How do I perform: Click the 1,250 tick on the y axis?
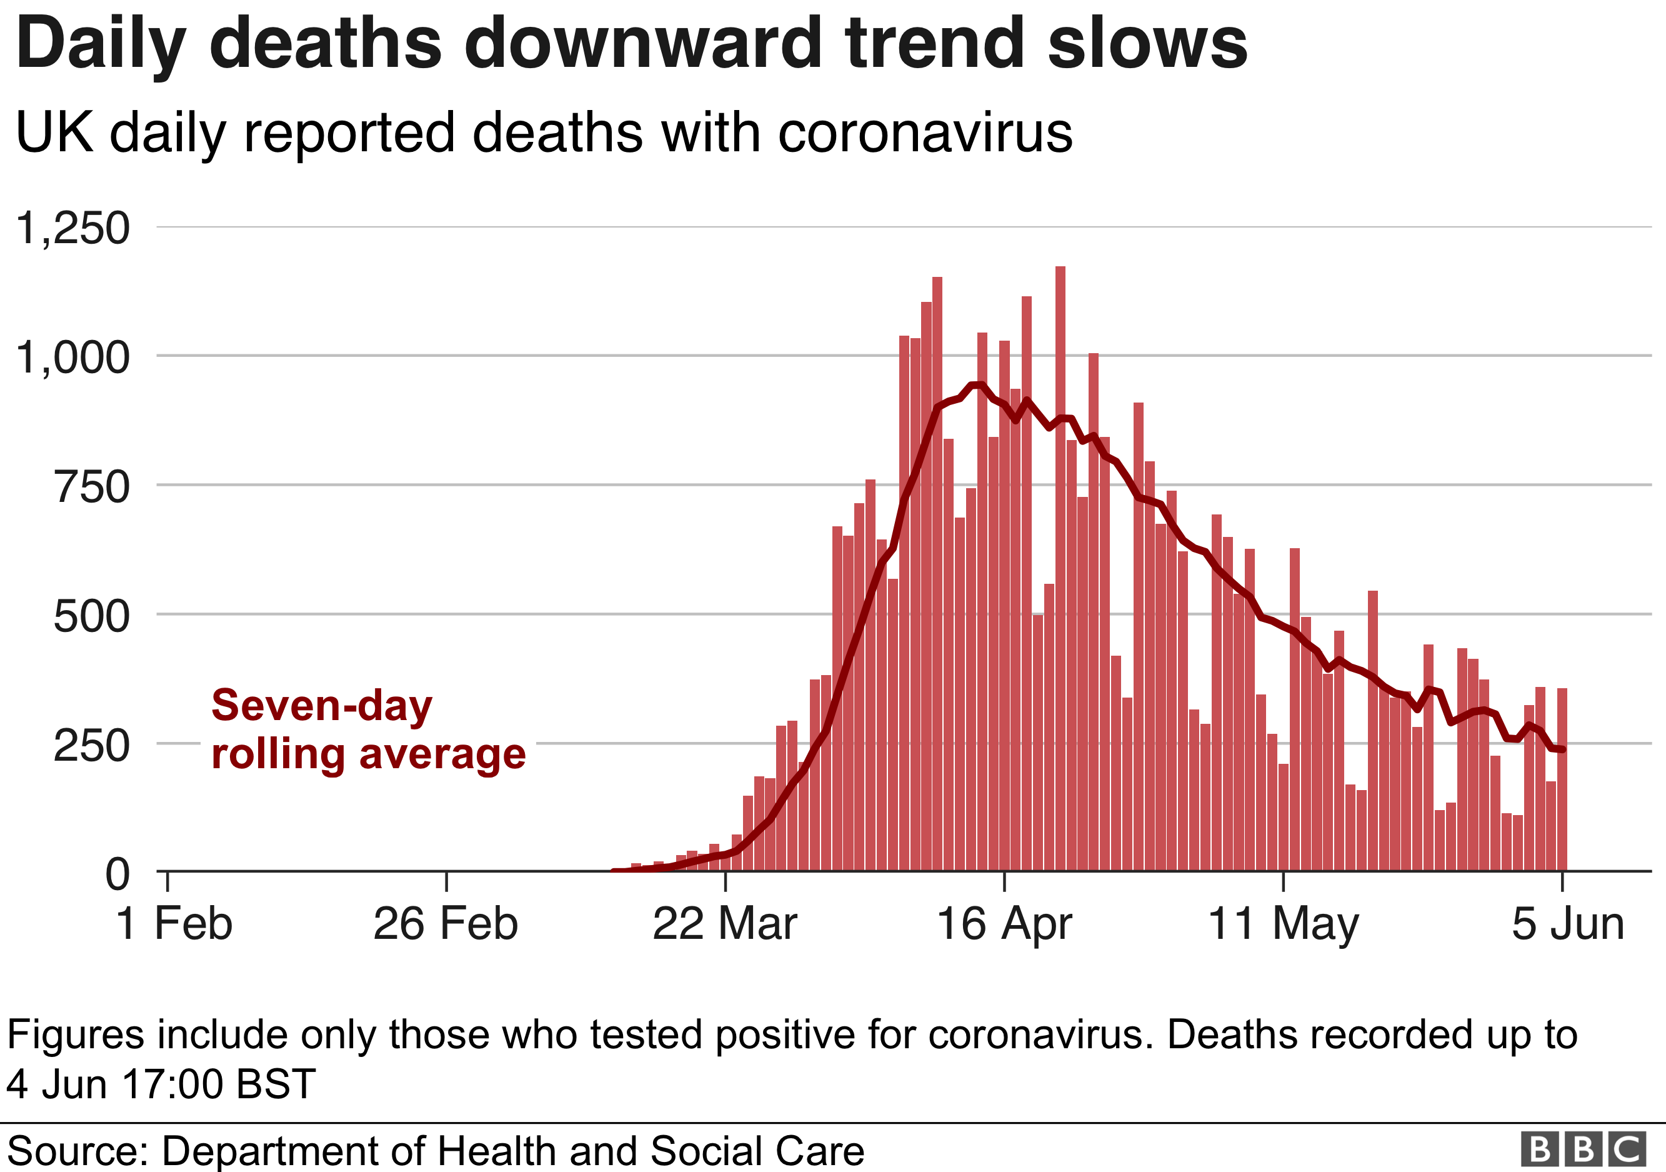click(x=72, y=229)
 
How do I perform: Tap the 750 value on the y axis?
click(x=91, y=487)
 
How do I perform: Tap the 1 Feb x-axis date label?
click(x=174, y=924)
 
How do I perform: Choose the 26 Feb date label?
click(x=446, y=924)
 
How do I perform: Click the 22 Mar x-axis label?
click(x=724, y=924)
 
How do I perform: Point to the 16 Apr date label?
click(x=1004, y=924)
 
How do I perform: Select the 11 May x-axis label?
click(x=1283, y=924)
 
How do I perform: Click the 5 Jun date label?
click(x=1568, y=924)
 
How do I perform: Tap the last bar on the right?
click(x=1562, y=780)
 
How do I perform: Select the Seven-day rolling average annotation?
click(x=368, y=729)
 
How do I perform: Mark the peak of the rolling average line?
click(x=977, y=384)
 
